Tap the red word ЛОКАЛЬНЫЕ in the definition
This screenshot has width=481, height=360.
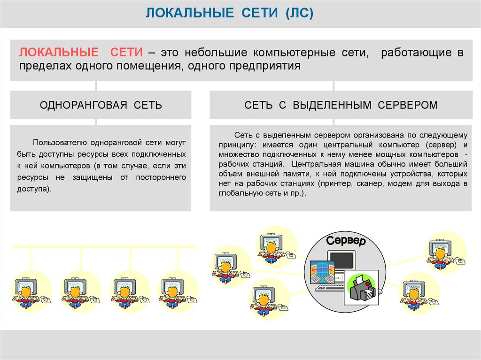[x=59, y=52]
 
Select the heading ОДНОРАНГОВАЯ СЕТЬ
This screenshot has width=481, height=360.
[x=101, y=105]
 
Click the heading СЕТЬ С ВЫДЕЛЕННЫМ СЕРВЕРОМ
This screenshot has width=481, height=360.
[x=341, y=105]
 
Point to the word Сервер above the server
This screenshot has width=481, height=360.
[x=346, y=242]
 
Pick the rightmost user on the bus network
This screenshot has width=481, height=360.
[x=171, y=291]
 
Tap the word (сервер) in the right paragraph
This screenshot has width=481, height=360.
[x=442, y=144]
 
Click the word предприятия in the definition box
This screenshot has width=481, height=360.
[x=264, y=65]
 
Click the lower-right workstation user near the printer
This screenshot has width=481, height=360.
[x=414, y=293]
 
